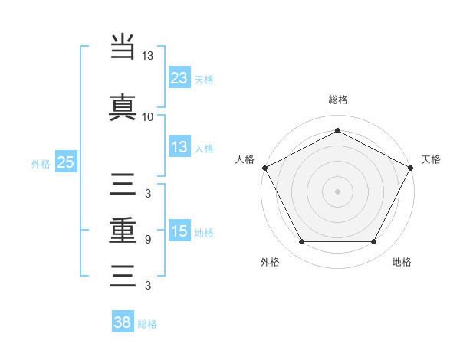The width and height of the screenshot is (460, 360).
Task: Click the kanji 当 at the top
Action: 123,47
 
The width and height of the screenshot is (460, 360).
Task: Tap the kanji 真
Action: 123,107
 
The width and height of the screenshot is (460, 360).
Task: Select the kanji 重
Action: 123,231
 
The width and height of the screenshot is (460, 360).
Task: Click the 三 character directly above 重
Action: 123,186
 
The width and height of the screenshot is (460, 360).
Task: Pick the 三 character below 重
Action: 123,275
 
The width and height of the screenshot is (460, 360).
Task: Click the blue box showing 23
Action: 179,77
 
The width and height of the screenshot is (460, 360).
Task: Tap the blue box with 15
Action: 179,232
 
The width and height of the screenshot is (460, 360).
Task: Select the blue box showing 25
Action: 65,162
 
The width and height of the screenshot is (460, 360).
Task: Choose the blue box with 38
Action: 123,322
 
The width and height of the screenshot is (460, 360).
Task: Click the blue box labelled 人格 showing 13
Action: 179,148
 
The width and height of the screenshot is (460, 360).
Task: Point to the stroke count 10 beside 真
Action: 147,116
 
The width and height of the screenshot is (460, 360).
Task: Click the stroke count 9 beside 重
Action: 147,240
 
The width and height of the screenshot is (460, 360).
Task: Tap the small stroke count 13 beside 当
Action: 147,56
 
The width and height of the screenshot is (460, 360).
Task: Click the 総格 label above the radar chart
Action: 337,100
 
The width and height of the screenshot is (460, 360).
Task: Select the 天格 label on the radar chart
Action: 431,159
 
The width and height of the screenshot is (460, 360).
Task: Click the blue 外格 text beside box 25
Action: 41,163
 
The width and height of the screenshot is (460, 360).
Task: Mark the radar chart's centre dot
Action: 337,191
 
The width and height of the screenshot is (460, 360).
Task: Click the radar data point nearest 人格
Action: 264,168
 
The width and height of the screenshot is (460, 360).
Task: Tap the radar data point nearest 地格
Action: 374,242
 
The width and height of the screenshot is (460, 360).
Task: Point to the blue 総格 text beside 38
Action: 147,324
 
